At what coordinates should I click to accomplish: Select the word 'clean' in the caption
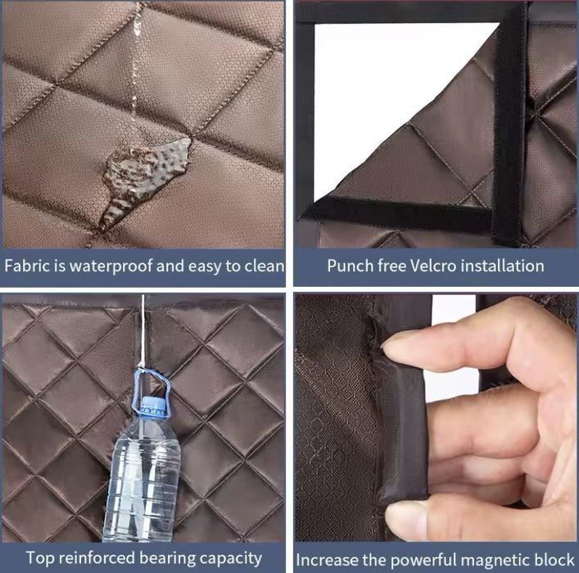263,266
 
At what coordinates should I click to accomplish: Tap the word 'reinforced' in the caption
97,558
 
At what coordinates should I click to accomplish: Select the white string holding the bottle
142,332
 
